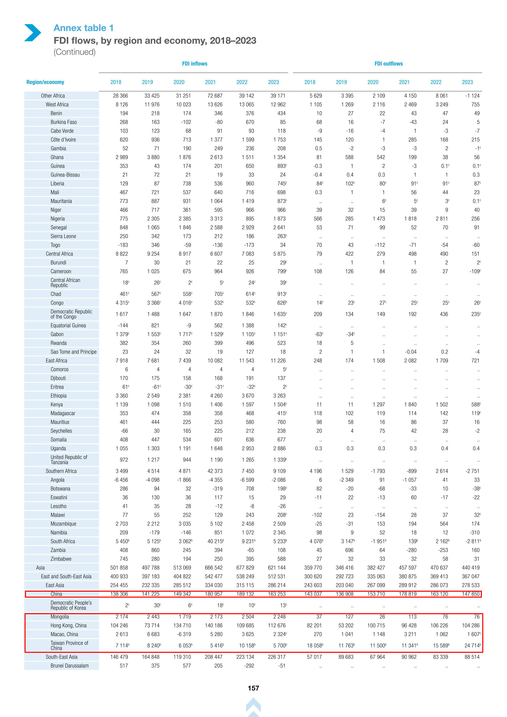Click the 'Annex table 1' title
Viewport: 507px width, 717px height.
click(83, 28)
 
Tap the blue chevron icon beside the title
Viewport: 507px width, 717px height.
click(33, 33)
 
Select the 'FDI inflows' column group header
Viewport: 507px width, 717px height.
click(195, 64)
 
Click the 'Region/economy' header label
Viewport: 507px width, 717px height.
click(45, 82)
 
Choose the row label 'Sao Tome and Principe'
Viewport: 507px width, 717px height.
click(73, 352)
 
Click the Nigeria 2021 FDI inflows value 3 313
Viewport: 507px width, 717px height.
click(216, 219)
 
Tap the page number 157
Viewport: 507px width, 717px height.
click(253, 688)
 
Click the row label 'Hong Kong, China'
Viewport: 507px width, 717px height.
click(68, 625)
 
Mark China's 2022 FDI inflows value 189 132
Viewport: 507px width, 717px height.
click(245, 594)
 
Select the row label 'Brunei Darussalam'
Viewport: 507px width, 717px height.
click(69, 666)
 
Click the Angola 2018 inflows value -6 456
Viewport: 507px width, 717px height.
click(121, 480)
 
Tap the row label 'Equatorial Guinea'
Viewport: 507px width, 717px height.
click(68, 325)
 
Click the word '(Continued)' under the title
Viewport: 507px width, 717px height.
click(74, 52)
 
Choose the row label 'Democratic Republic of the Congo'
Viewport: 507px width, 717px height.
click(71, 314)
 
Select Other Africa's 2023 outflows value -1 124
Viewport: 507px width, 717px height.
click(472, 96)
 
